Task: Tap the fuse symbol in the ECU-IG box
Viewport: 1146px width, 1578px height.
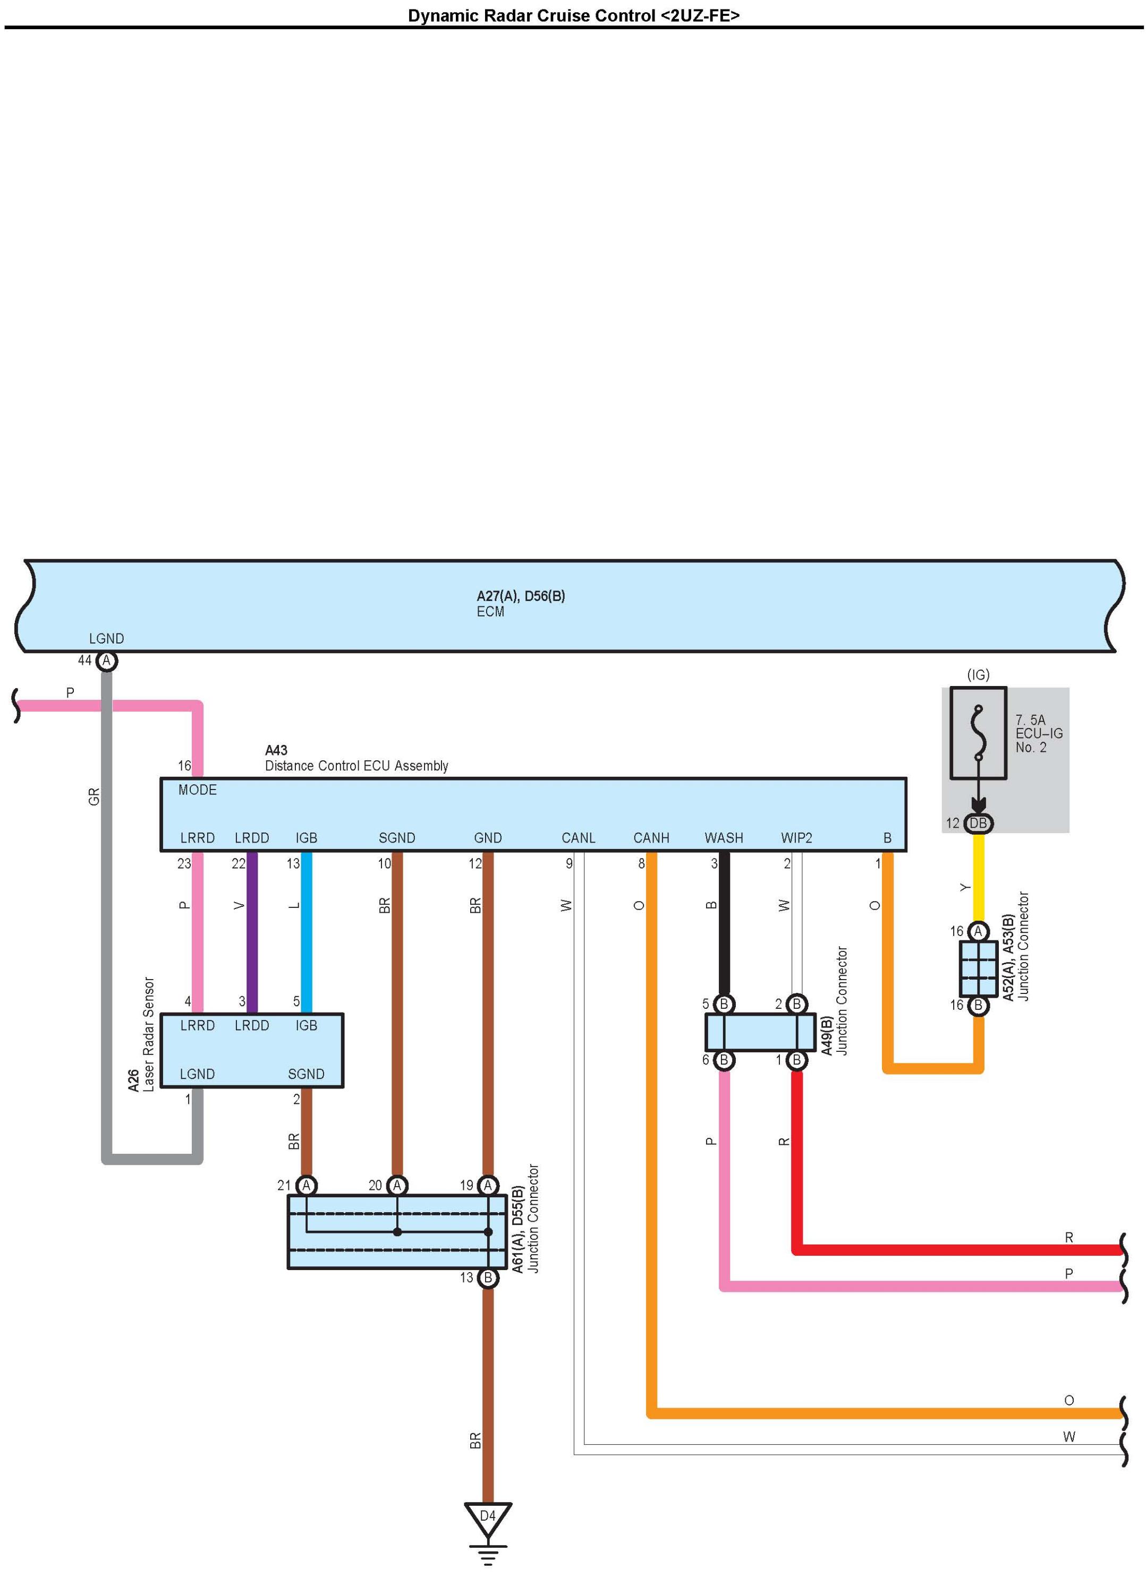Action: [x=978, y=732]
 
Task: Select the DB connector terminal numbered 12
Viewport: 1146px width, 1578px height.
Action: [x=978, y=823]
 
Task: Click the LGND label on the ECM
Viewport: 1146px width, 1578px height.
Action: [x=106, y=638]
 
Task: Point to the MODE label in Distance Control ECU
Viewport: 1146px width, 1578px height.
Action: [x=197, y=790]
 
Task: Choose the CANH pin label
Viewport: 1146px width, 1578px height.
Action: [x=651, y=838]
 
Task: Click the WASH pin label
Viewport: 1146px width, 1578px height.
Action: [x=724, y=838]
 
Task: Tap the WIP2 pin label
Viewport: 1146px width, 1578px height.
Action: [x=796, y=838]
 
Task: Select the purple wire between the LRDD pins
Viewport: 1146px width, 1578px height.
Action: [x=252, y=932]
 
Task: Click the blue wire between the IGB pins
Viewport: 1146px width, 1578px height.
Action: [x=307, y=932]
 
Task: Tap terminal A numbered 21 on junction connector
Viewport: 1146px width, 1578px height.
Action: [x=307, y=1185]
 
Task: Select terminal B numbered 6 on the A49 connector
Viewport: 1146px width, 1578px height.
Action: [x=724, y=1060]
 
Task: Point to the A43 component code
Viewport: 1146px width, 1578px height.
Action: [x=276, y=750]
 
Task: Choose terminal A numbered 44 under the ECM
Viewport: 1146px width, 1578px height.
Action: [x=106, y=661]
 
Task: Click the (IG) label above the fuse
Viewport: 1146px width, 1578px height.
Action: [x=978, y=674]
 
